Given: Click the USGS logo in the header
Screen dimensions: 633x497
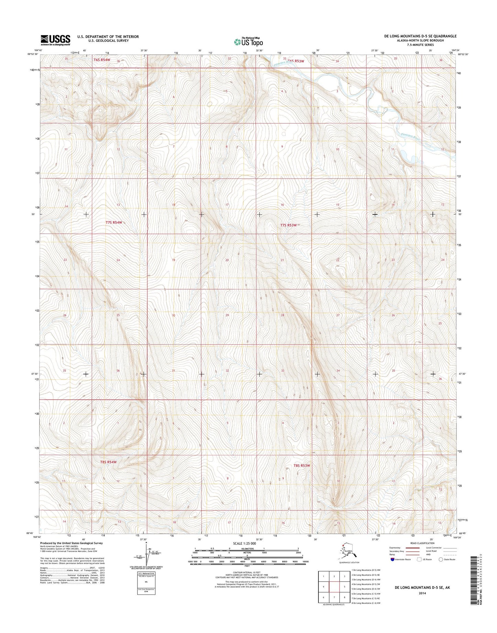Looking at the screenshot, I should click(55, 40).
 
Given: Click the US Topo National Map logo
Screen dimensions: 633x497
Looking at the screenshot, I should click(248, 42).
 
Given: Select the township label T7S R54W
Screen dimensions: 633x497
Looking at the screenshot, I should click(114, 222).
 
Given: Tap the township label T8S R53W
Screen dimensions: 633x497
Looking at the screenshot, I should click(302, 466).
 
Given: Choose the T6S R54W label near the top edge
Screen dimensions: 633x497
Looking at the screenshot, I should click(102, 60).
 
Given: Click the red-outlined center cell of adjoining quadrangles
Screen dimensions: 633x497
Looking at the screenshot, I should click(334, 587).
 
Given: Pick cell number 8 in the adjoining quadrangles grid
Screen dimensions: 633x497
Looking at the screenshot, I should click(344, 597).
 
